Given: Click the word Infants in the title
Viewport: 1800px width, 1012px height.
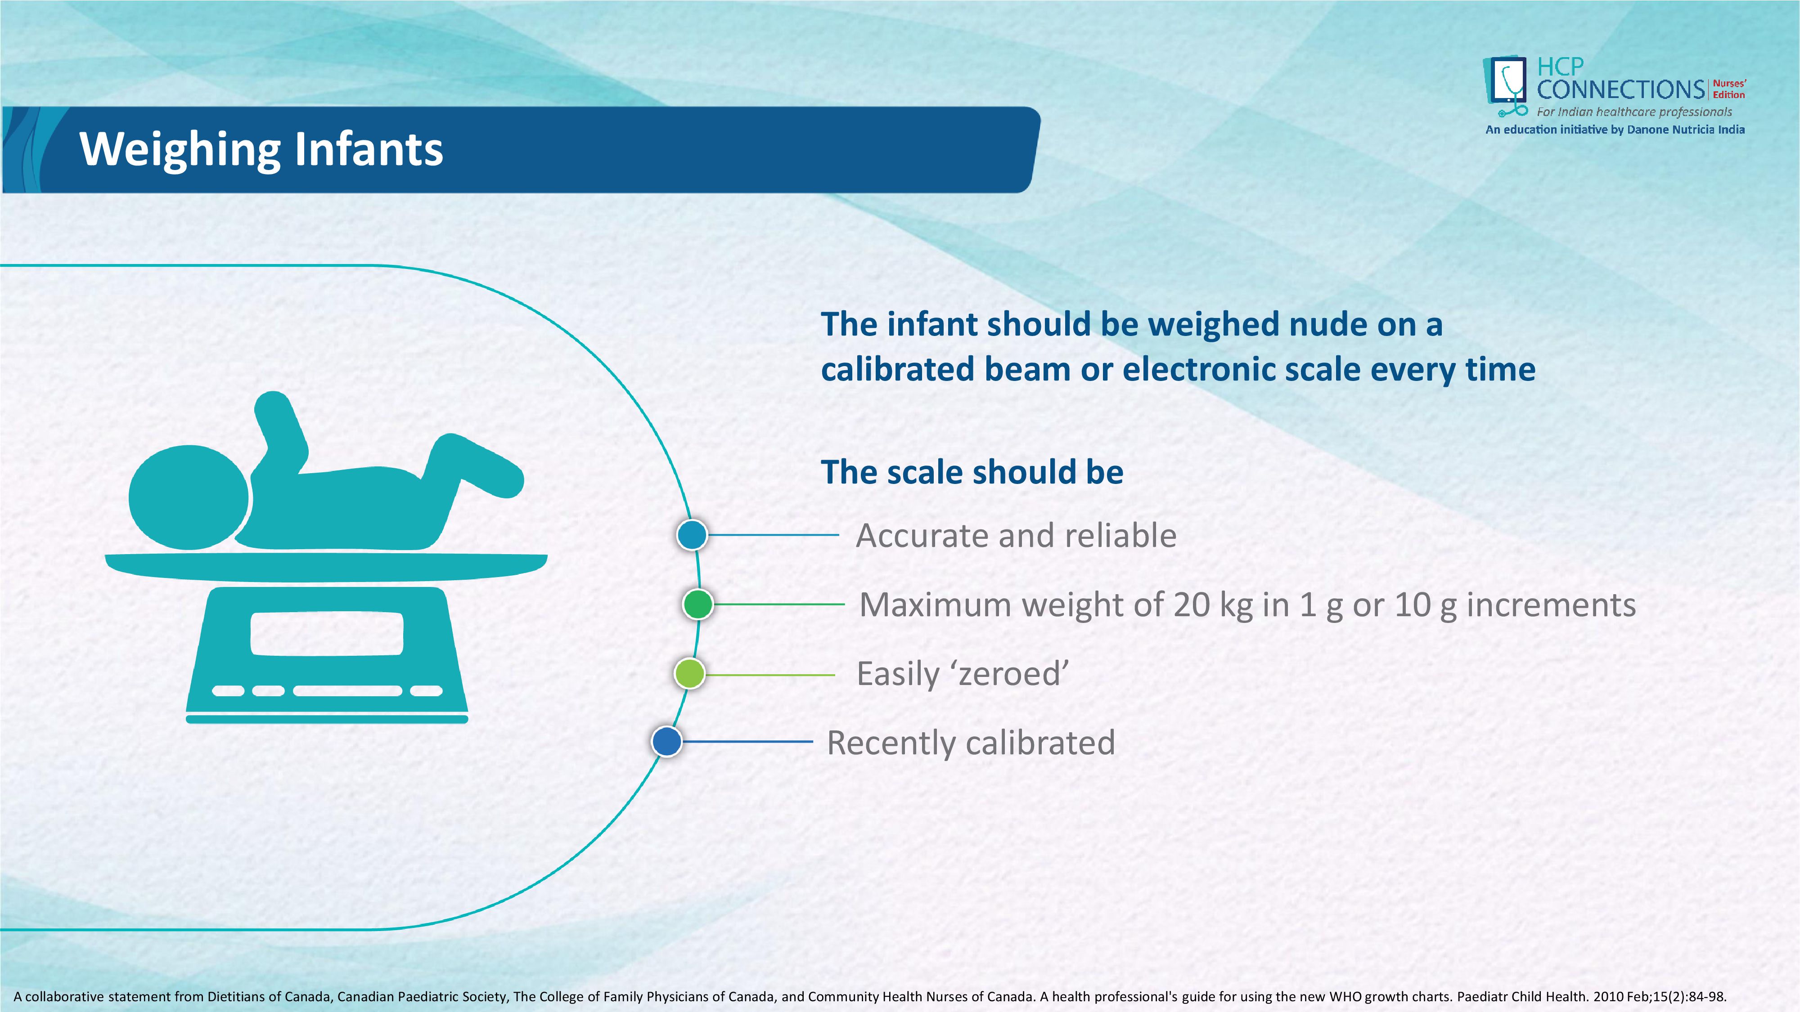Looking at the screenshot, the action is point(368,149).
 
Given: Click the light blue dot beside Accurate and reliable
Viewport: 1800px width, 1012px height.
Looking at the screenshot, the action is point(693,535).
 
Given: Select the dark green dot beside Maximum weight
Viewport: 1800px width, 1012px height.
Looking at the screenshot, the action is point(698,604).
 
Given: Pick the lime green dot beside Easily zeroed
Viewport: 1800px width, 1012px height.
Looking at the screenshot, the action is point(690,674).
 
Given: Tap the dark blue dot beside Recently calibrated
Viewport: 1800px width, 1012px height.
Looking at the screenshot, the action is point(666,742).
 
